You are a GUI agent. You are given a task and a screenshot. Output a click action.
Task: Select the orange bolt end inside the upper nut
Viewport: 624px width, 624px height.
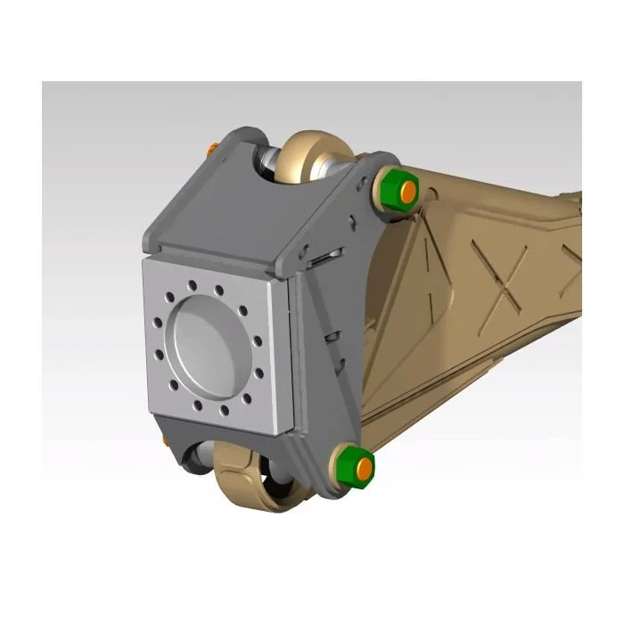pos(406,190)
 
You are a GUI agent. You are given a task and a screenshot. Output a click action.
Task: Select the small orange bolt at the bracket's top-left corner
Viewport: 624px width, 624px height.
pos(210,147)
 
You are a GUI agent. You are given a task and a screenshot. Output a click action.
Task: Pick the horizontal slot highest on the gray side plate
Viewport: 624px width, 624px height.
pos(322,259)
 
